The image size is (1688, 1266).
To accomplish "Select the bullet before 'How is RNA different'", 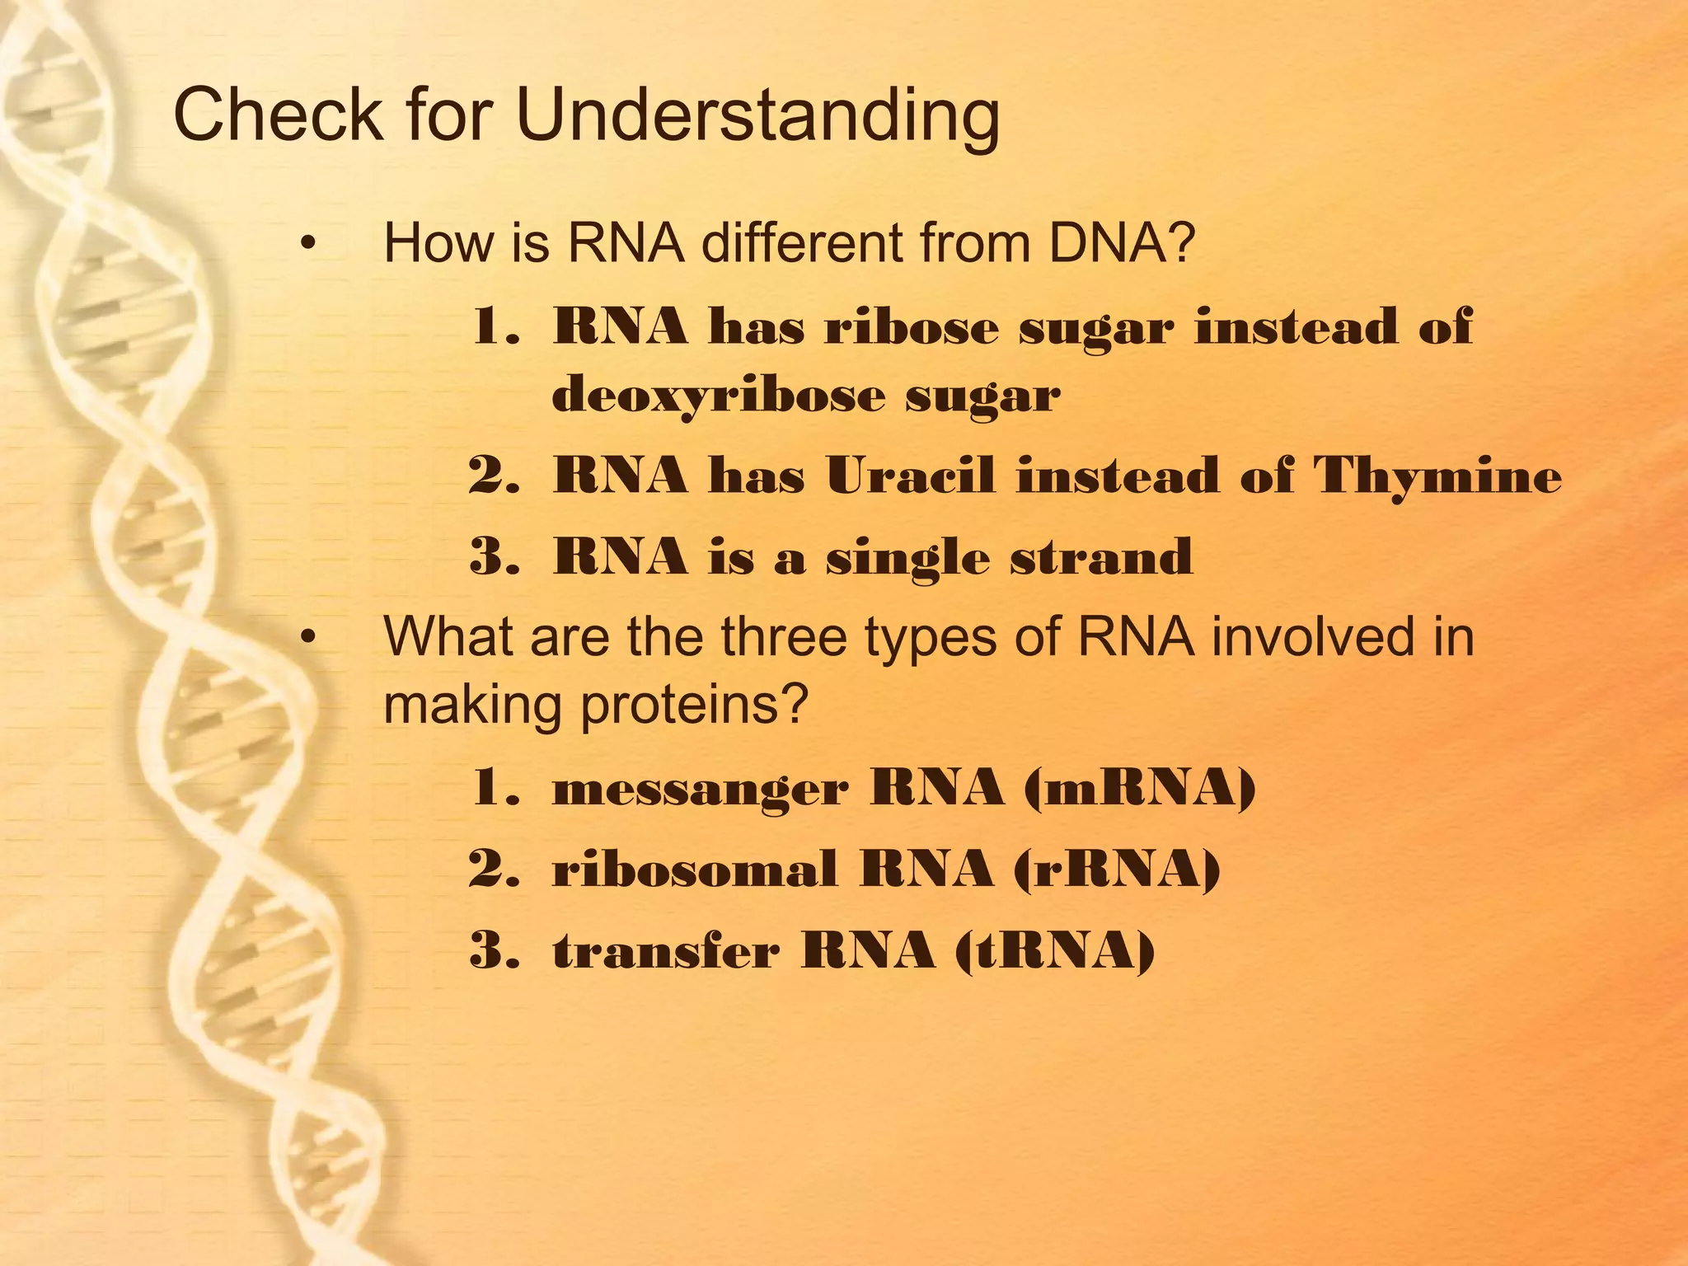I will click(308, 244).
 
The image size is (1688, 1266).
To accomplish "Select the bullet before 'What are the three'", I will click(308, 637).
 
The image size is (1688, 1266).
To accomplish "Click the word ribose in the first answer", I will click(912, 327).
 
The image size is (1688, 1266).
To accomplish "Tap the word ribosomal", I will click(695, 870).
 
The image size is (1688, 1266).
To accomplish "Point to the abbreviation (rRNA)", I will click(1116, 870).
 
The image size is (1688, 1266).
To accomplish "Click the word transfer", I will click(666, 950).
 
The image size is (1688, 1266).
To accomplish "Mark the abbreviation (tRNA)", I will click(1055, 950).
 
